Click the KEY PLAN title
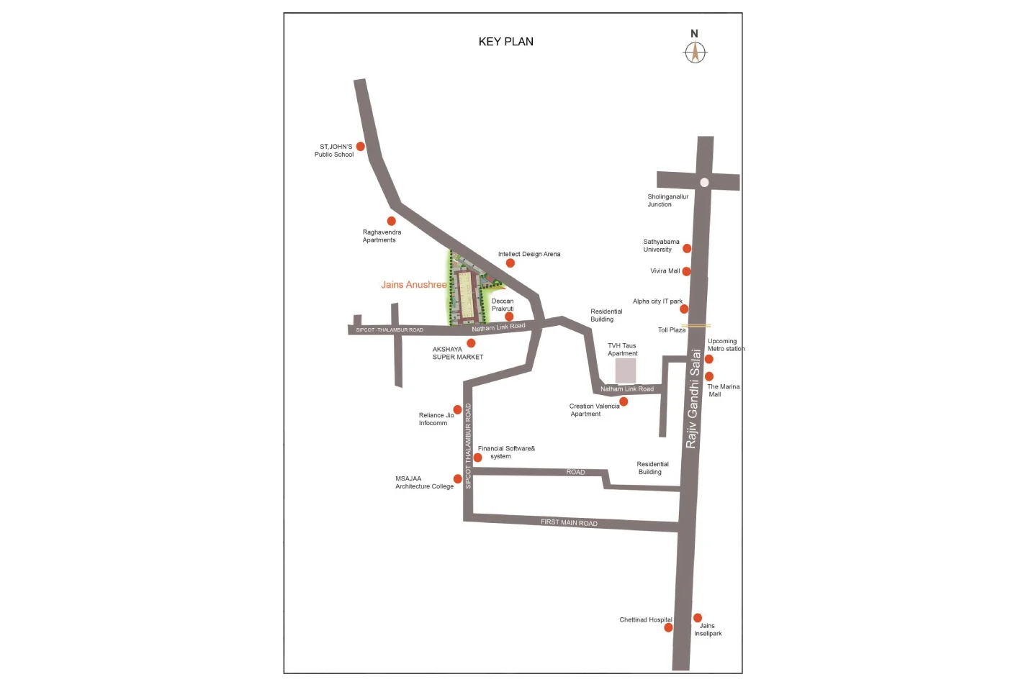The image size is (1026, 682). (505, 42)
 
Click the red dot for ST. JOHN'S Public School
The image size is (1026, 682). (361, 147)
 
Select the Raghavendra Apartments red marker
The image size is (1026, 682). (392, 221)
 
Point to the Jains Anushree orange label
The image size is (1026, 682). (414, 285)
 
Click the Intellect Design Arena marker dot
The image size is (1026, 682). (510, 263)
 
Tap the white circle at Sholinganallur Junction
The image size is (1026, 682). (704, 182)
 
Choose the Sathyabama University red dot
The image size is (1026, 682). (687, 248)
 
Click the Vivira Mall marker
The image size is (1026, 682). (686, 271)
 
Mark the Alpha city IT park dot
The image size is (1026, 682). (684, 309)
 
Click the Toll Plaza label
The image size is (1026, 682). (672, 330)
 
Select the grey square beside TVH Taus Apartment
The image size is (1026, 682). (626, 370)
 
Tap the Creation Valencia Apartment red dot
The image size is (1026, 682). (624, 401)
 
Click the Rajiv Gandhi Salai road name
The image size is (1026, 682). (693, 399)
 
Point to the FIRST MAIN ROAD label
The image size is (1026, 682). (569, 522)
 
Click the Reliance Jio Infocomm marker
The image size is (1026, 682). (457, 409)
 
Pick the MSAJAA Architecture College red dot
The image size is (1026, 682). (457, 478)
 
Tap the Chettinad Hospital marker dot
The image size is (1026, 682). (668, 627)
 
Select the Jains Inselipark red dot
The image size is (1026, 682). (698, 618)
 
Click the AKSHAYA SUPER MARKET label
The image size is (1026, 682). (457, 353)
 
